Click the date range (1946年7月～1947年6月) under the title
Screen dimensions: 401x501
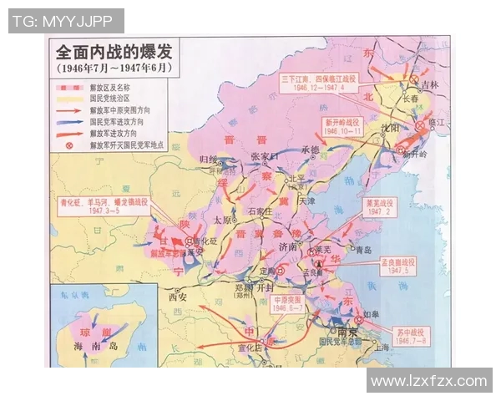pyautogui.click(x=111, y=67)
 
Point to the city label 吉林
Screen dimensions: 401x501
pyautogui.click(x=429, y=84)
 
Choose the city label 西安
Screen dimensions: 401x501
pyautogui.click(x=178, y=296)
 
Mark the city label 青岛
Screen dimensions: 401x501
pyautogui.click(x=362, y=249)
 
